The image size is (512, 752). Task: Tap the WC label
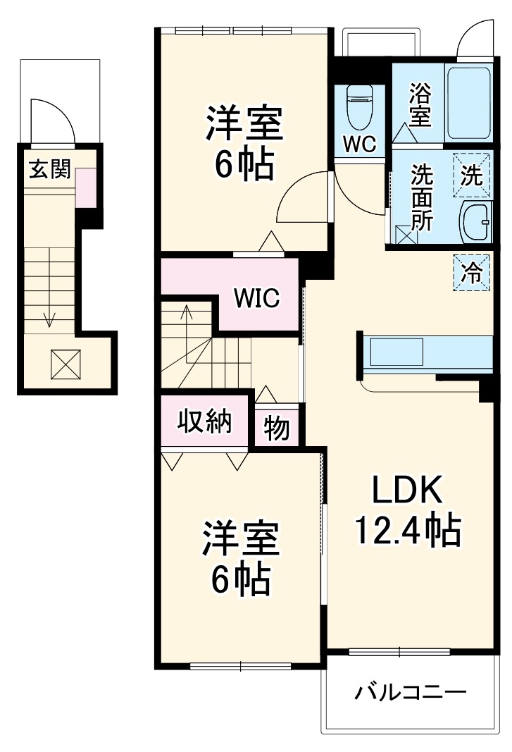point(360,143)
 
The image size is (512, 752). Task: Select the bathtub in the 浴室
point(468,102)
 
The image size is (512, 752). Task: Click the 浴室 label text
point(420,105)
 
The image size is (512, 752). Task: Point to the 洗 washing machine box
point(472,175)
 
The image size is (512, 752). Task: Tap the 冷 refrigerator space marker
point(472,273)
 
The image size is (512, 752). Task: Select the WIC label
point(256,297)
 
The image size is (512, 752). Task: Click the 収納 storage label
point(205,421)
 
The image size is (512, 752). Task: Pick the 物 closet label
point(277,428)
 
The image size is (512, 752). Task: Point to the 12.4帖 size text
point(408,531)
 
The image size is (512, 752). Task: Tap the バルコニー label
point(410,692)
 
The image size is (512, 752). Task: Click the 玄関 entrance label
point(50,169)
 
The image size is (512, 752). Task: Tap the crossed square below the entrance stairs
point(65,364)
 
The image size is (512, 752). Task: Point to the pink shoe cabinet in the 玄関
point(86,187)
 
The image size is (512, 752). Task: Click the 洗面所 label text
point(421,197)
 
